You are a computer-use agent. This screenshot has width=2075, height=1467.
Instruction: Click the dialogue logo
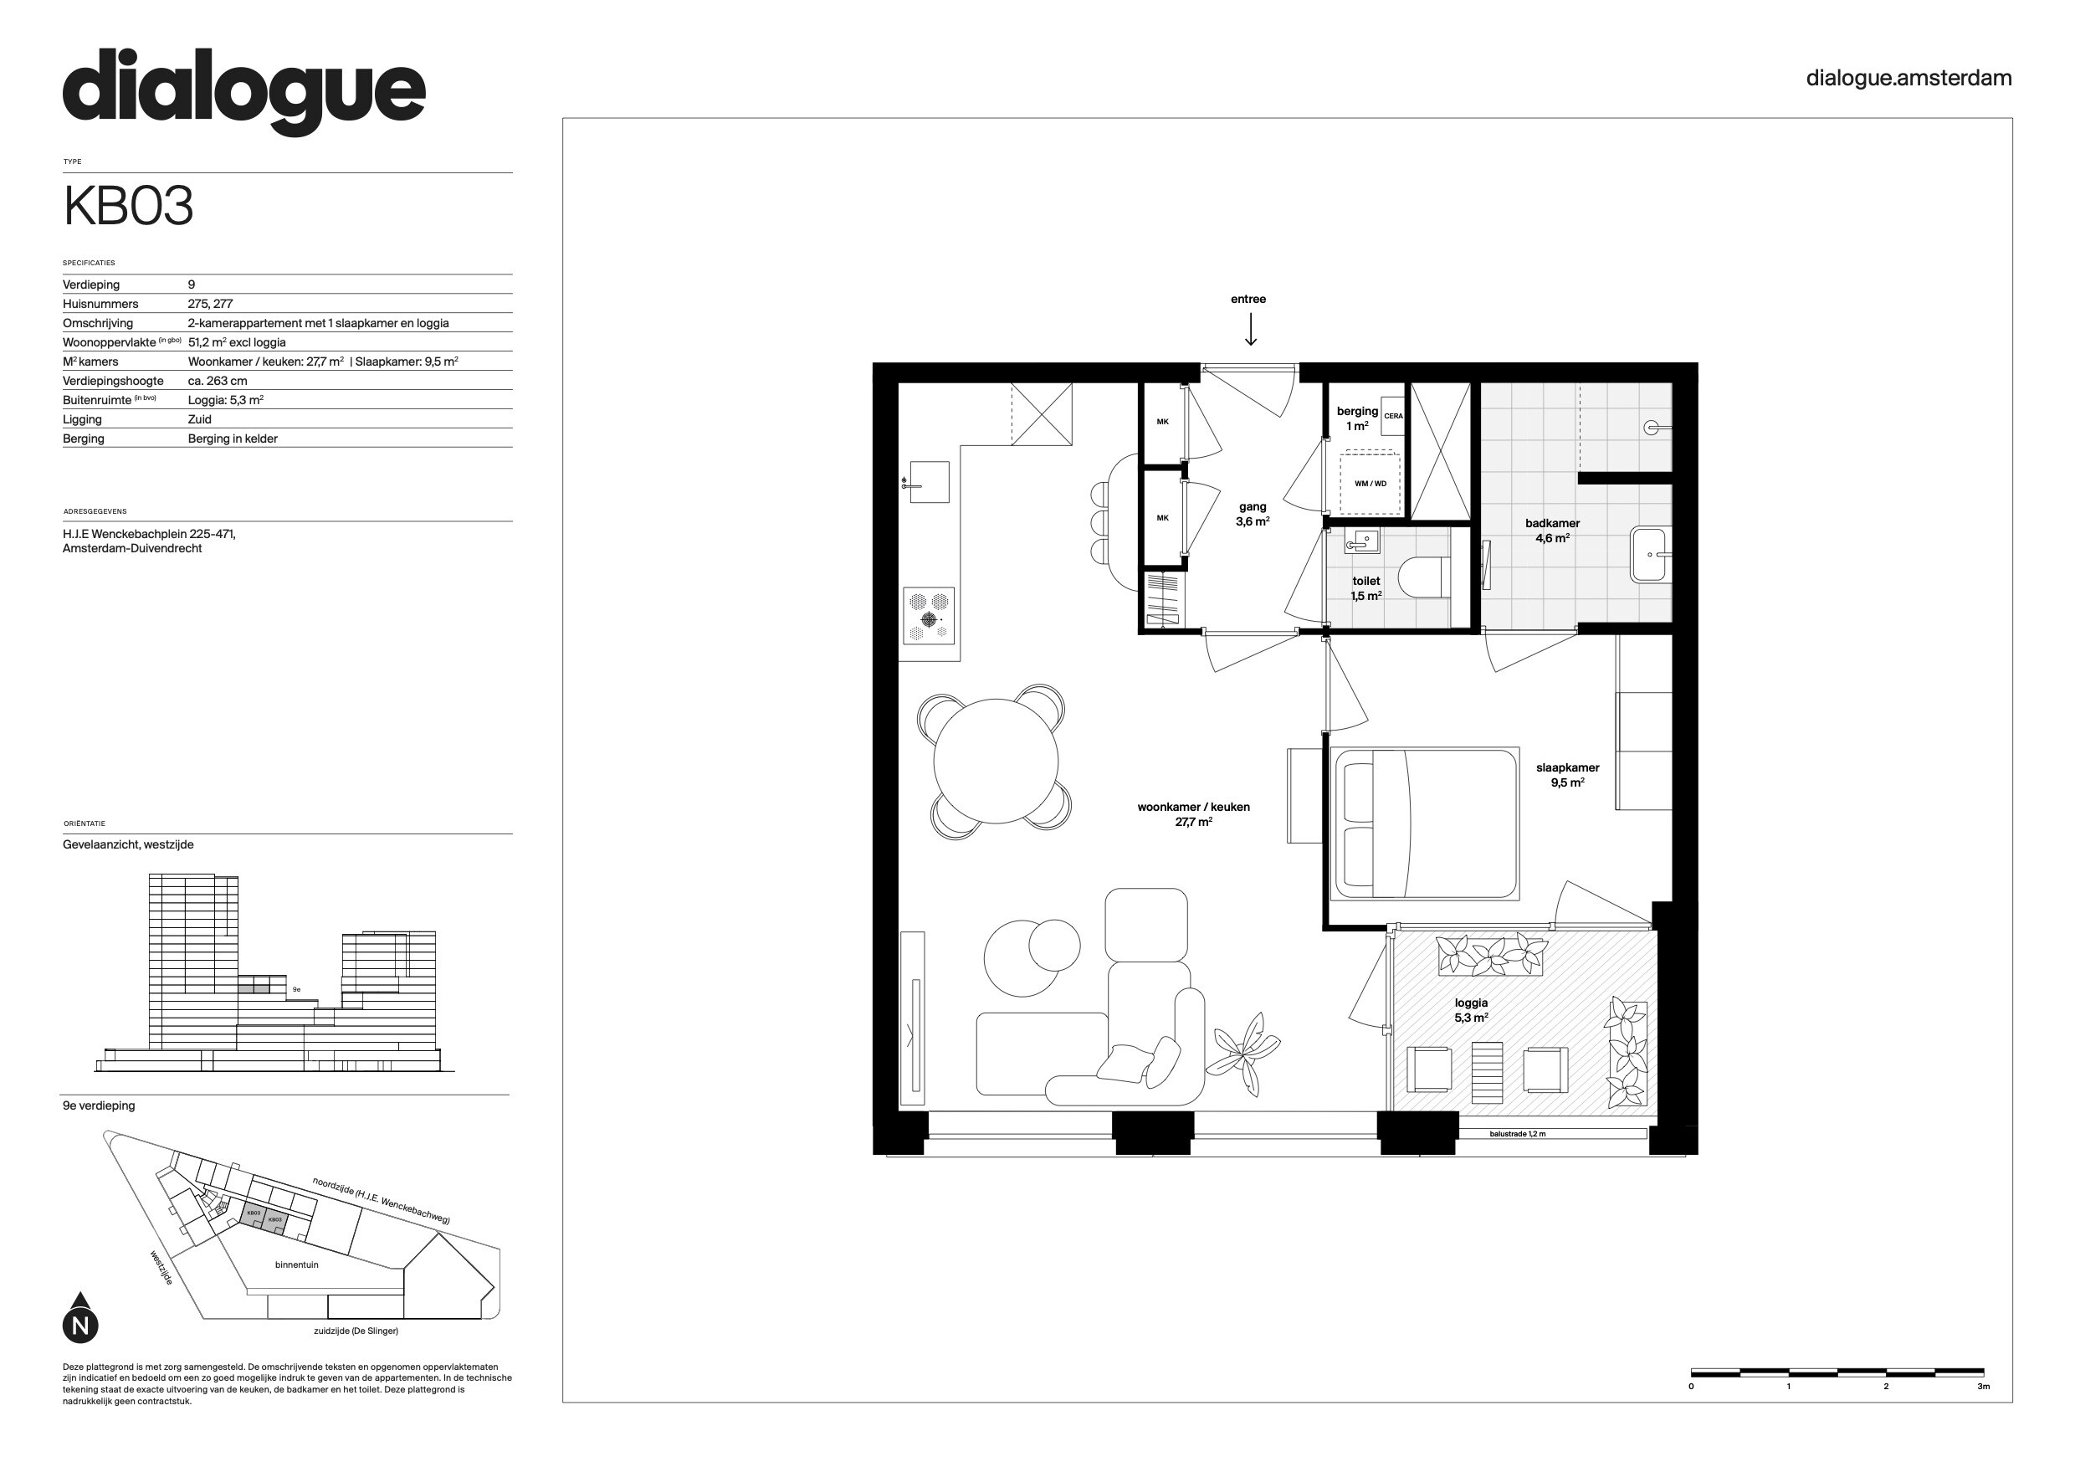(x=244, y=92)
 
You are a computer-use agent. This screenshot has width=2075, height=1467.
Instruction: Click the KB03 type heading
(x=128, y=207)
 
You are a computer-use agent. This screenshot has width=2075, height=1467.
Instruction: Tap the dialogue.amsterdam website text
(x=1908, y=79)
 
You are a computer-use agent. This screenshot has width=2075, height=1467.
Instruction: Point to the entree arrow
(x=1251, y=329)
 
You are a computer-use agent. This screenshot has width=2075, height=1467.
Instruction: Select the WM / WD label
(x=1370, y=484)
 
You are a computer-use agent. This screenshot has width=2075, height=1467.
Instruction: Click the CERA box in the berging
(x=1392, y=417)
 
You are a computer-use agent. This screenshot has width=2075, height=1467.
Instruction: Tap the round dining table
(x=995, y=761)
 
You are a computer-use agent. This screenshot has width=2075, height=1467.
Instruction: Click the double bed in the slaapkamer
(x=1426, y=823)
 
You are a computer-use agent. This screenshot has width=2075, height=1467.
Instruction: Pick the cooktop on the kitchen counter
(x=929, y=616)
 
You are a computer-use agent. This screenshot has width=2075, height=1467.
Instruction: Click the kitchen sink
(x=928, y=482)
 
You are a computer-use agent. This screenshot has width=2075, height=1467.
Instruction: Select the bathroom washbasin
(x=1650, y=555)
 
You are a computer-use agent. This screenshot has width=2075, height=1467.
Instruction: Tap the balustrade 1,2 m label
(x=1518, y=1133)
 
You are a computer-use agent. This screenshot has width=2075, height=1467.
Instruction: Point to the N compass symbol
(x=80, y=1319)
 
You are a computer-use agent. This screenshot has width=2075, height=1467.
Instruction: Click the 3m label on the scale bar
(x=1983, y=1387)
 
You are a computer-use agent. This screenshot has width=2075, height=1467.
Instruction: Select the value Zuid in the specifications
(x=200, y=419)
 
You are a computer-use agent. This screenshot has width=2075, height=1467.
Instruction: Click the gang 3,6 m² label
(x=1253, y=515)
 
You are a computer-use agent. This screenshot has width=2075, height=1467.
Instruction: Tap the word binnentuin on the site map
(x=296, y=1264)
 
